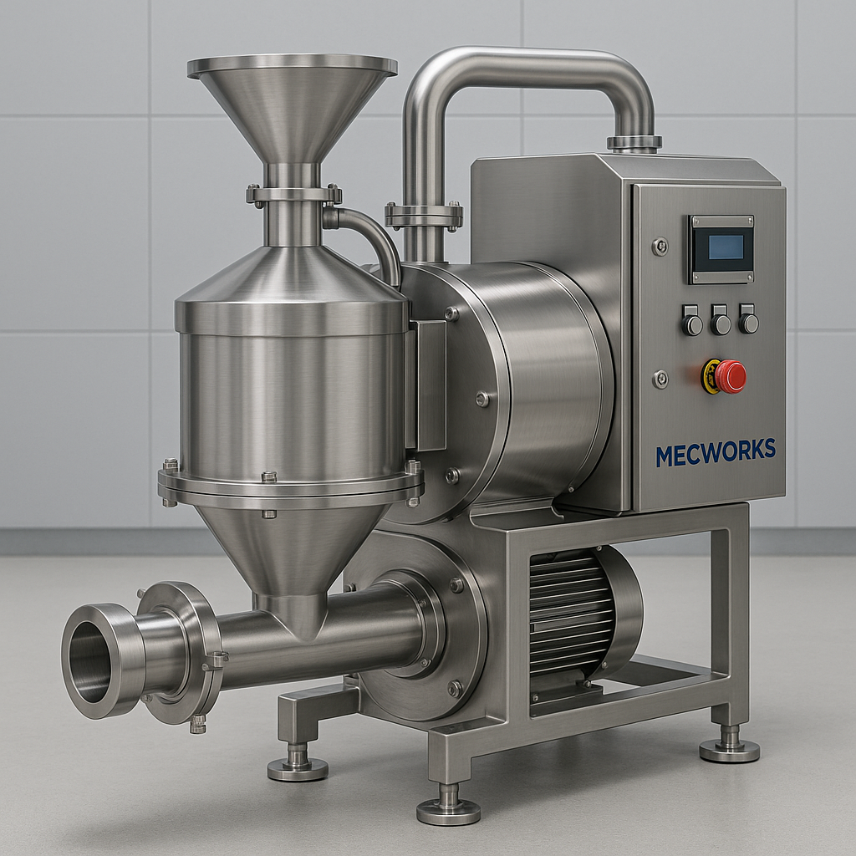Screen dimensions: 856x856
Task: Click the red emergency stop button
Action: pos(730,376)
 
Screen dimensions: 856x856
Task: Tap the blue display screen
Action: pos(726,247)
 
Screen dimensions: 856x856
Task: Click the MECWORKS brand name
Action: pos(716,452)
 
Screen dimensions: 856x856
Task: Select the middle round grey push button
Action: pos(720,322)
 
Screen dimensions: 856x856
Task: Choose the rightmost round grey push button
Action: pos(748,321)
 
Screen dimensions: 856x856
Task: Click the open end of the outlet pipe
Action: pos(89,661)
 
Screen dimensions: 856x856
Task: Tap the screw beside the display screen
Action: pos(660,247)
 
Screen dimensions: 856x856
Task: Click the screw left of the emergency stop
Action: pos(660,379)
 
